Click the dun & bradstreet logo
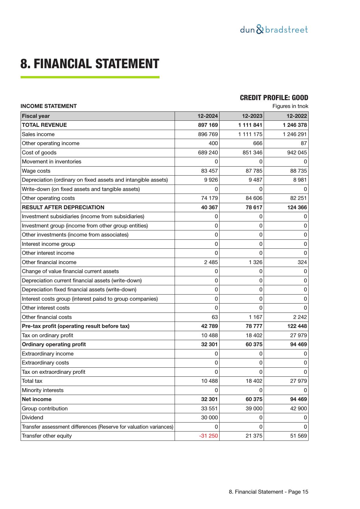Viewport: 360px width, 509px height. tap(274, 30)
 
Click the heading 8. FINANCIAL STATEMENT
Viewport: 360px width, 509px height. tap(90, 64)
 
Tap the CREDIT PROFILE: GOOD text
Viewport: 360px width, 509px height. tap(274, 98)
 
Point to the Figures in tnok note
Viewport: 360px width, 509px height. tap(290, 106)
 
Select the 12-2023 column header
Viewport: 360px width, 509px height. tap(252, 116)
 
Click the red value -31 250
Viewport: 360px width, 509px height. tap(208, 436)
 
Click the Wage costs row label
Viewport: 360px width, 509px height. tap(36, 171)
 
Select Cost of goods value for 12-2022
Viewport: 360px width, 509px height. tap(297, 153)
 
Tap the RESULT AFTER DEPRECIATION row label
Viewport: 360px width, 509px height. tap(63, 207)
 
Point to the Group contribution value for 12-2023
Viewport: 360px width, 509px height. tap(254, 409)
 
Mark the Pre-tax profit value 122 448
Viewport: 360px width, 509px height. tap(297, 326)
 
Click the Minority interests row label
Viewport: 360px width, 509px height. tap(43, 390)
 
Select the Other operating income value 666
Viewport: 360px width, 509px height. tap(257, 143)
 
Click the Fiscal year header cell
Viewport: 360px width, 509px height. tap(36, 116)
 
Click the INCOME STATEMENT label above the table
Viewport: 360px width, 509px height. tap(48, 106)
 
